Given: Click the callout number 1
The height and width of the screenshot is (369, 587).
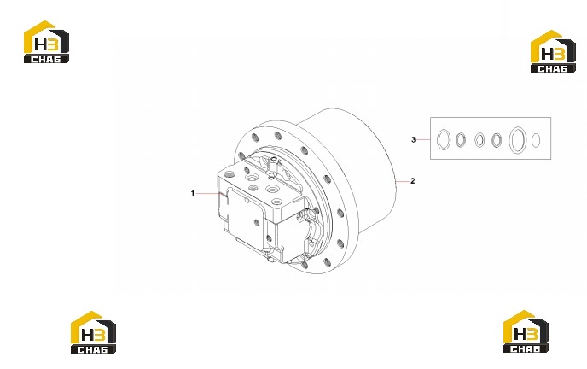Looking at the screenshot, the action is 193,193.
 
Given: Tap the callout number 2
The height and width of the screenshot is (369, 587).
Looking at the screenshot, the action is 413,181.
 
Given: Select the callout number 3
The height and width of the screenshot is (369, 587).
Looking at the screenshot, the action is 413,140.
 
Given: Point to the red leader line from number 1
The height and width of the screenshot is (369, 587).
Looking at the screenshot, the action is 210,193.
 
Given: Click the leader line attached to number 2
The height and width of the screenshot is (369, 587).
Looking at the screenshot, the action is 402,181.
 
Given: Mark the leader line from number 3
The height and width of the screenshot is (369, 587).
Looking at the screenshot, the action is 423,140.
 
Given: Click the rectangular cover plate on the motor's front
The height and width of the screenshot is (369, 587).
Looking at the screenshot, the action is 245,218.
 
